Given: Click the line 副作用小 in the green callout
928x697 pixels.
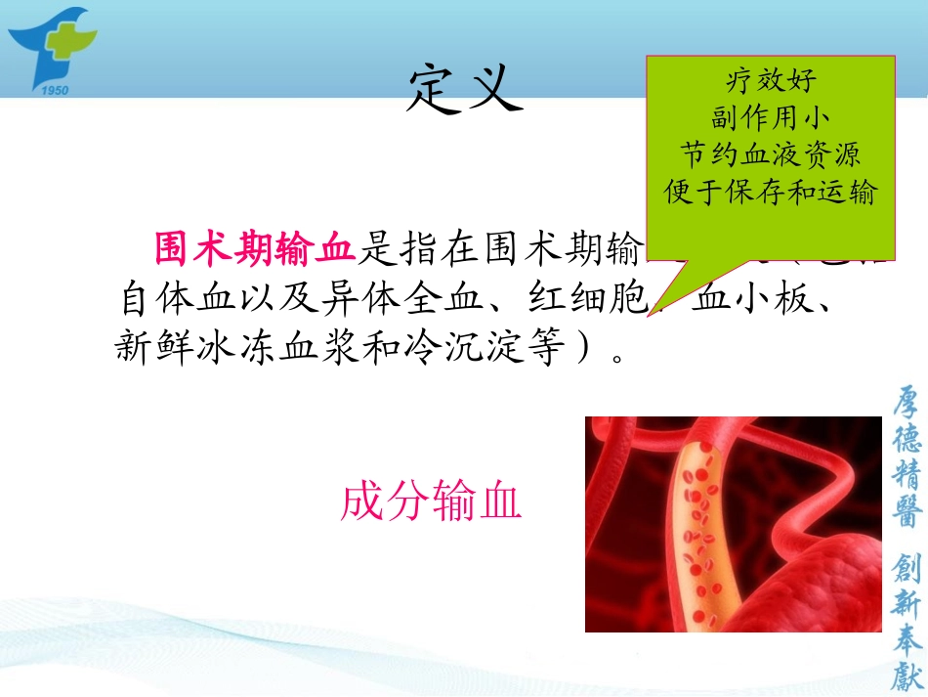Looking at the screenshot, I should tap(771, 117).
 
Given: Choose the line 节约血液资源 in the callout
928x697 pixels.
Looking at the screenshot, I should tap(771, 154).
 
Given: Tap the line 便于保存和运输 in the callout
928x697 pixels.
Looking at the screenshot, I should tap(771, 192).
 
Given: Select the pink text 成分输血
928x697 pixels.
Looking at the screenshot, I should tap(431, 502).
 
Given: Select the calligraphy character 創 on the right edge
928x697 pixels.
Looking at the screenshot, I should tap(907, 570).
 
